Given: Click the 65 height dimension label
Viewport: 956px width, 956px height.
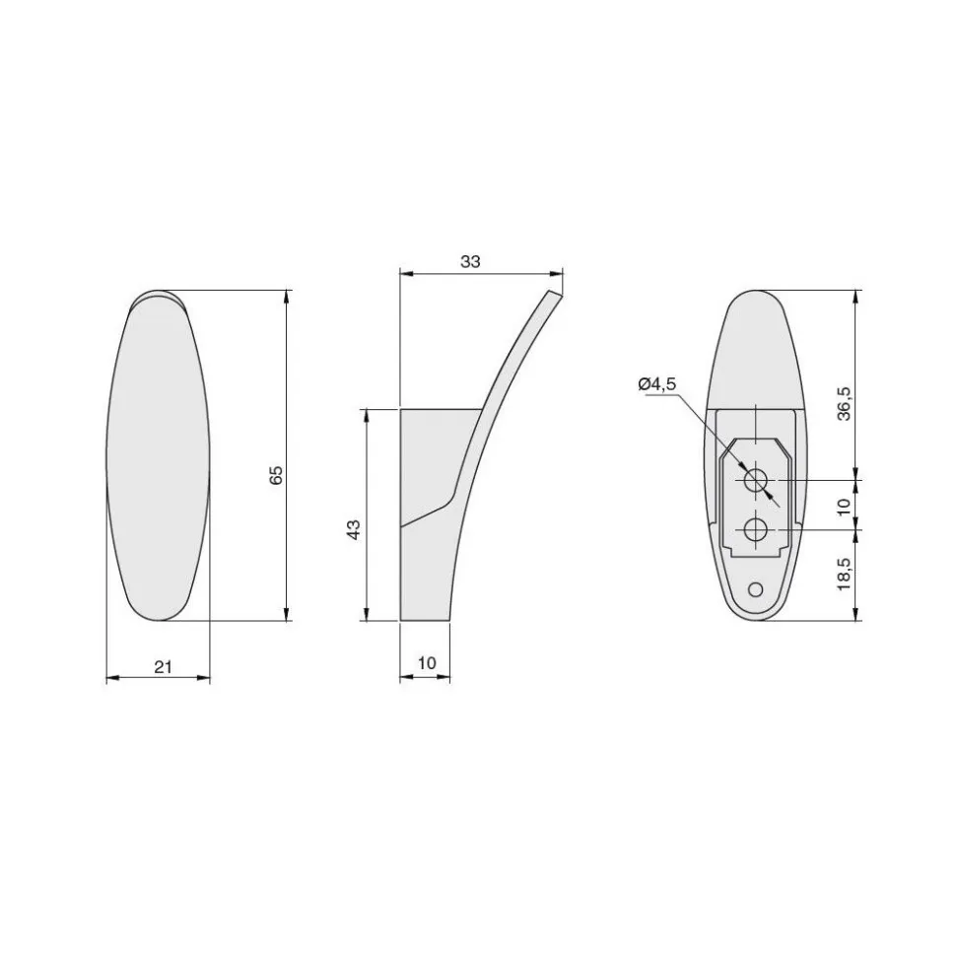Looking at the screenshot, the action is pos(277,474).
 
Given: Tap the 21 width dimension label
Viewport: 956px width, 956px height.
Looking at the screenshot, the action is pos(163,666).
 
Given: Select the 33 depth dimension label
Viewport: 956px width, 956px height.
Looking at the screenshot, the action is pos(470,261).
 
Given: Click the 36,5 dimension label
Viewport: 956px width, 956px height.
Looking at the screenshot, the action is pos(845,404).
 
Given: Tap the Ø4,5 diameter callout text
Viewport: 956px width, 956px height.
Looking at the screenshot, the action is pos(657,384).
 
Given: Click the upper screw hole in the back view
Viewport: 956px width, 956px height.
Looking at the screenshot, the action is pos(756,479).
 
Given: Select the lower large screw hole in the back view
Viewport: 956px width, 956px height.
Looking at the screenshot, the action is pos(756,529).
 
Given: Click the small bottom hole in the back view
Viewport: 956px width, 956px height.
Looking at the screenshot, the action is pos(755,589).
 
